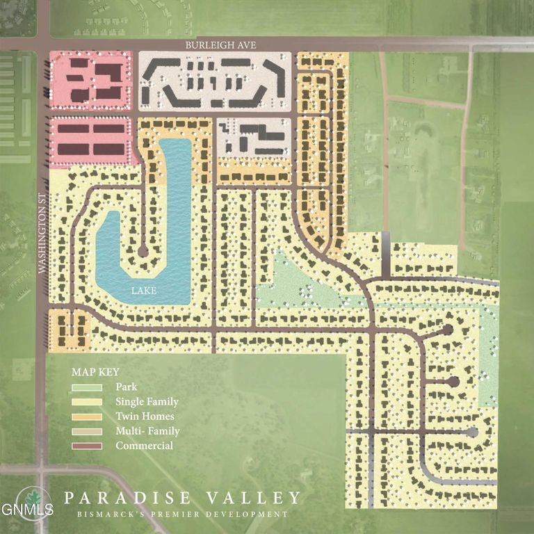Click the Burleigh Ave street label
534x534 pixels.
coord(221,45)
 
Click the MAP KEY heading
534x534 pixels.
coord(95,372)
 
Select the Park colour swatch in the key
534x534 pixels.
coord(87,387)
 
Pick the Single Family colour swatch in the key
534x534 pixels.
coord(87,402)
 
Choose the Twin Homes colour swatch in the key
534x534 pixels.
coord(87,416)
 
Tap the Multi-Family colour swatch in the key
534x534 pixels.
coord(87,431)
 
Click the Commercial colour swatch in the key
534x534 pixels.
coord(87,446)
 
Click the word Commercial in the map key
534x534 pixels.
coord(144,446)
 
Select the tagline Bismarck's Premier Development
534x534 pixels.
coord(183,515)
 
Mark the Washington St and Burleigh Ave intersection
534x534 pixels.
coord(42,43)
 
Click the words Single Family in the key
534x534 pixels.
coord(147,402)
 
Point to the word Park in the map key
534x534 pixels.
coord(127,387)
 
